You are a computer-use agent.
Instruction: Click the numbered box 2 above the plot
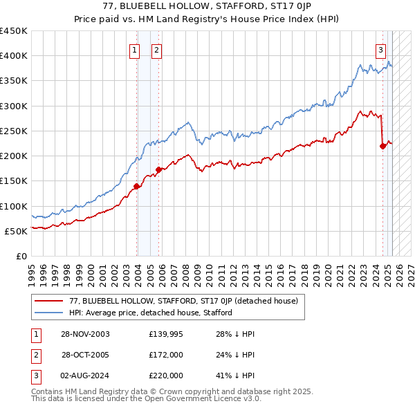pos(157,50)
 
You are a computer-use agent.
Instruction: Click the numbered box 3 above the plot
pos(380,50)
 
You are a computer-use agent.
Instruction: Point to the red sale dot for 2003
pos(137,185)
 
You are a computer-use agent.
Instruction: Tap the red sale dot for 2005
pos(158,169)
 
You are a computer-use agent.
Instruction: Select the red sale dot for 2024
pos(382,145)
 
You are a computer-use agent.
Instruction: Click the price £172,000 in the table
pos(166,355)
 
